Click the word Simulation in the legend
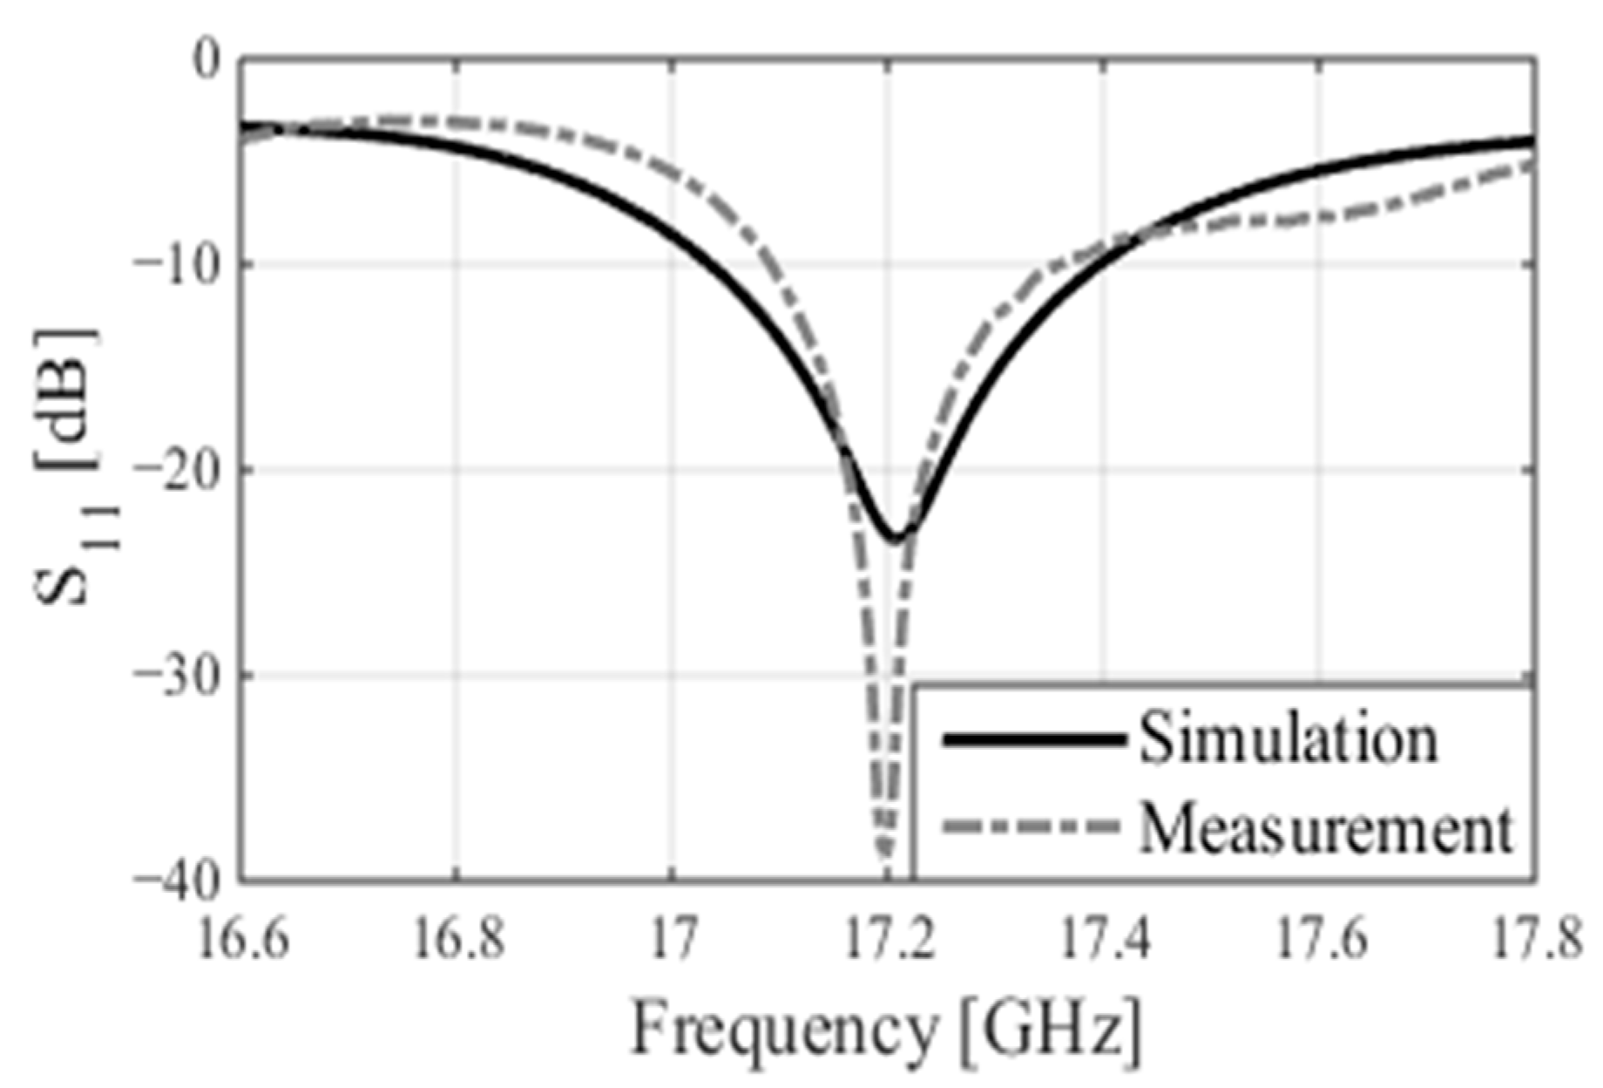1288,739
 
